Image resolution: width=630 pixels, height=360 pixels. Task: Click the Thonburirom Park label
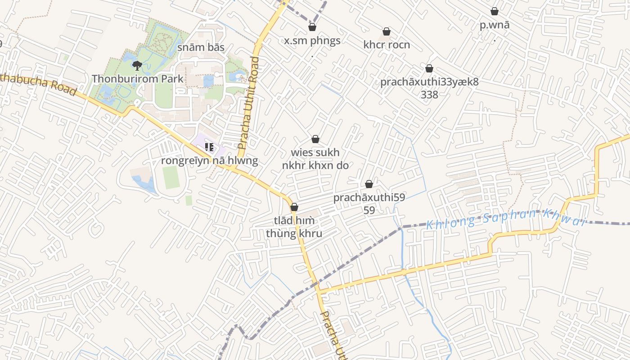[x=138, y=79]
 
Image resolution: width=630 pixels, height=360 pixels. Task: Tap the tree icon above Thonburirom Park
[x=137, y=66]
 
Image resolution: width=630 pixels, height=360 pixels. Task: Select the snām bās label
[x=201, y=47]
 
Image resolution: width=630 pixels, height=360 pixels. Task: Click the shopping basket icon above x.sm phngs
[x=312, y=27]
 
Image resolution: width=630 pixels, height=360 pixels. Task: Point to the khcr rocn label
[x=387, y=45]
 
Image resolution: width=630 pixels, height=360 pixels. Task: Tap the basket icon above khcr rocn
[x=386, y=31]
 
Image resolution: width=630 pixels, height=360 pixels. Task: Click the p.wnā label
[x=495, y=25]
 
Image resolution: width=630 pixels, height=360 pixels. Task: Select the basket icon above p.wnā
[x=495, y=11]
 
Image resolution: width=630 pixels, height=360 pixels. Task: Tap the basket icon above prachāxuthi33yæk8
[x=429, y=68]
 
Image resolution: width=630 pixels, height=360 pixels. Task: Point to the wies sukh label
[x=315, y=153]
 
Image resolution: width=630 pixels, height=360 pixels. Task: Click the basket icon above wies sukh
[x=315, y=139]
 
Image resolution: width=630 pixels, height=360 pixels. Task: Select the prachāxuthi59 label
[x=369, y=198]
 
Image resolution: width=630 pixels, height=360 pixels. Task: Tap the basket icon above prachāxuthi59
[x=369, y=184]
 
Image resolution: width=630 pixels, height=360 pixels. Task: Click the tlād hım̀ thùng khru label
[x=294, y=227]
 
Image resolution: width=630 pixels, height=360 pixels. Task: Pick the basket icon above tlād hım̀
[x=294, y=207]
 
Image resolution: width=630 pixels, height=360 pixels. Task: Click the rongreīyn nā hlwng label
[x=210, y=161]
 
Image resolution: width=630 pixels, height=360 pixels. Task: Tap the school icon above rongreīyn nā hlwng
[x=209, y=147]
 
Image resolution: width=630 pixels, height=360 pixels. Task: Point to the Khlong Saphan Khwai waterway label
[x=506, y=219]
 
